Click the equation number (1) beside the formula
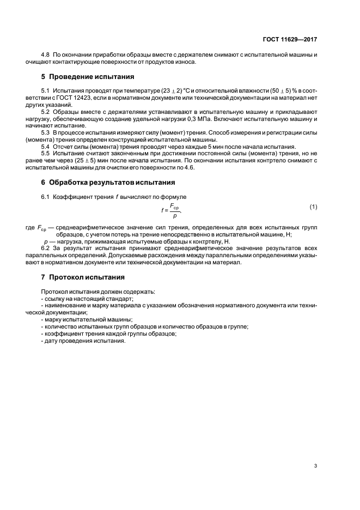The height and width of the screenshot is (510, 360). tap(313, 207)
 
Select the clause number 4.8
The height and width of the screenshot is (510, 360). tap(46, 56)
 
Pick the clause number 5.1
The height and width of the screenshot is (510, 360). tap(46, 90)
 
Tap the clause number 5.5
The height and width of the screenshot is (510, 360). tap(46, 154)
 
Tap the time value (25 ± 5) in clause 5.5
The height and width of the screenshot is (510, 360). tap(78, 161)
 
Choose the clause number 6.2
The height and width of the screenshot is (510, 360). tap(46, 247)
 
